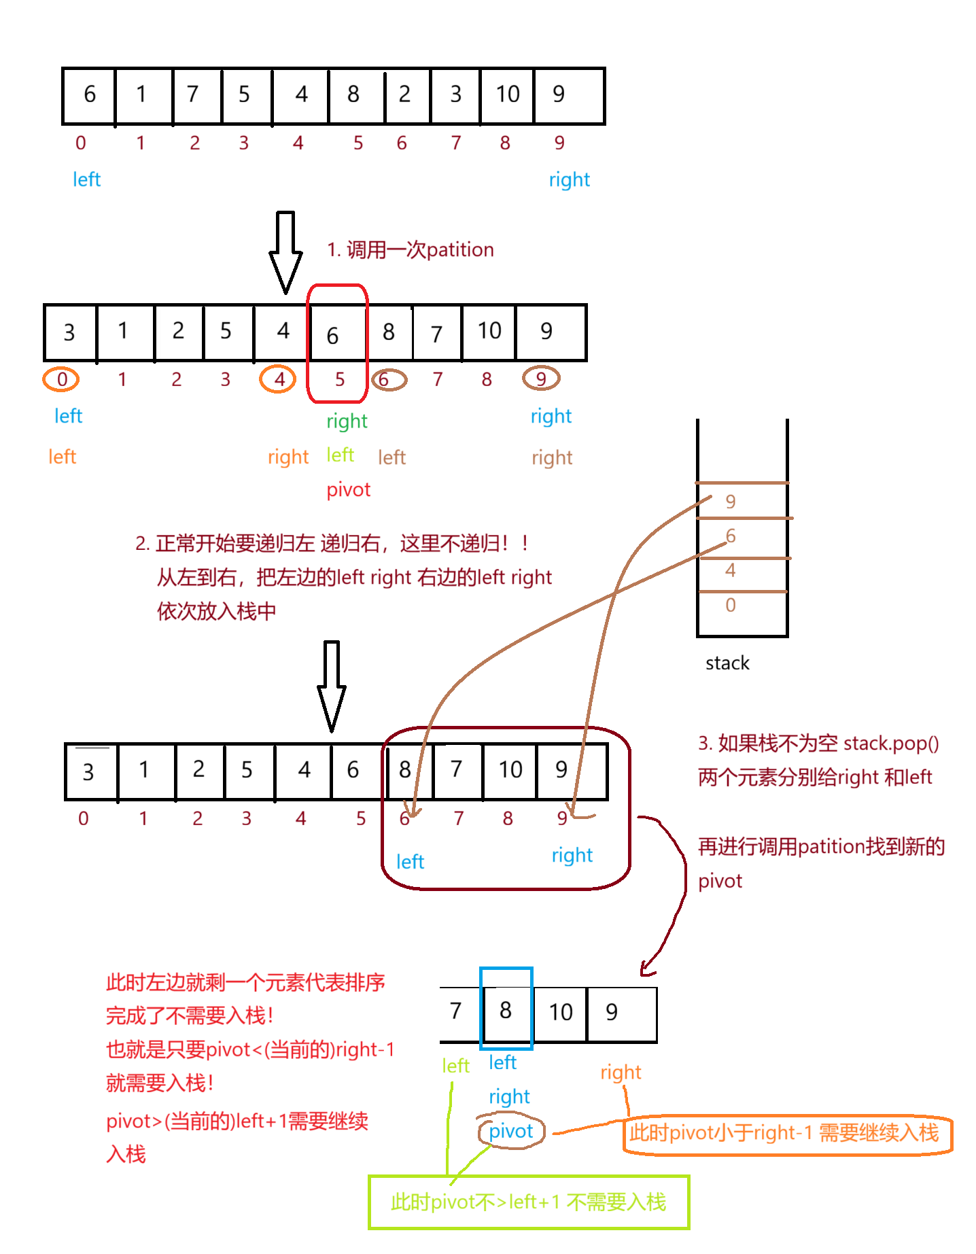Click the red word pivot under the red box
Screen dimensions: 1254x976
coord(349,490)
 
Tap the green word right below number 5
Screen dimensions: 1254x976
coord(347,421)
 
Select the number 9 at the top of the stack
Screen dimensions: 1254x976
coord(731,502)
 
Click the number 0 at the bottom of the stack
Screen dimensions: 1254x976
coord(731,605)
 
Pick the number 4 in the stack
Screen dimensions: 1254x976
coord(731,570)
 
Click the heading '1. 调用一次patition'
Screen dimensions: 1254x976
coord(411,249)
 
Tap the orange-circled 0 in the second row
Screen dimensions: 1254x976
coord(62,379)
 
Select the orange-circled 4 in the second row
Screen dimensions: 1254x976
coord(279,379)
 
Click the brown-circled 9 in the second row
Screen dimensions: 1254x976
coord(541,379)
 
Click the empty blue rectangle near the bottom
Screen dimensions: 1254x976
coord(506,1009)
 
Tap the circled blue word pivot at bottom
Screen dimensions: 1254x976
coord(510,1132)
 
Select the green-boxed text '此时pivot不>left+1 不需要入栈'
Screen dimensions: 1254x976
coord(529,1202)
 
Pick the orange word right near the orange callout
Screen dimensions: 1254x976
coord(621,1073)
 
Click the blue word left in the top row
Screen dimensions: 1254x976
coord(87,180)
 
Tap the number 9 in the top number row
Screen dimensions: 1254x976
coord(559,143)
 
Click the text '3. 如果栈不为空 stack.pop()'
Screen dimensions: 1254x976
coord(818,744)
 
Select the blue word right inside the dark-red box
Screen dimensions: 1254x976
coord(572,856)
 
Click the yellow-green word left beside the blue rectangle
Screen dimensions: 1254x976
coord(456,1066)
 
